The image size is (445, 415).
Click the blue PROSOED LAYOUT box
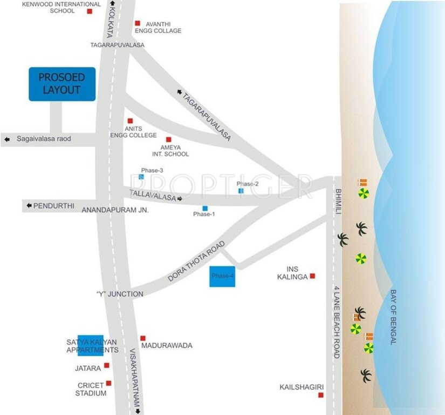(x=62, y=84)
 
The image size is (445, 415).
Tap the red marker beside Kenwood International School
(x=90, y=11)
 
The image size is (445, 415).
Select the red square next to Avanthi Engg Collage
(x=138, y=23)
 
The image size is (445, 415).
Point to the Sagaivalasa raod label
(x=44, y=139)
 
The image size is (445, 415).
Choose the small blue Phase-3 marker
(x=141, y=177)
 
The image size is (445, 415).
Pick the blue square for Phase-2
(x=241, y=191)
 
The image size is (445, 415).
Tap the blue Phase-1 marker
(x=205, y=208)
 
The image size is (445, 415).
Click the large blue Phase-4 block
(x=222, y=276)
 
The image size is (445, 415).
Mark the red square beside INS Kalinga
(x=312, y=276)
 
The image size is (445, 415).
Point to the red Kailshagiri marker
(x=321, y=395)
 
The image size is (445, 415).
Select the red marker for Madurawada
(x=143, y=338)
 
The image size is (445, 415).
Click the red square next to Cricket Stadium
(x=109, y=383)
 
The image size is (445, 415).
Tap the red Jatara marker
(x=107, y=365)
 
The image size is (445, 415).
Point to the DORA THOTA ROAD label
(x=196, y=261)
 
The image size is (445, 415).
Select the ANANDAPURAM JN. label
(x=115, y=210)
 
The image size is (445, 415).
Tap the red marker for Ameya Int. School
(x=169, y=139)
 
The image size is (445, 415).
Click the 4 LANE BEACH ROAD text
(x=337, y=323)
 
